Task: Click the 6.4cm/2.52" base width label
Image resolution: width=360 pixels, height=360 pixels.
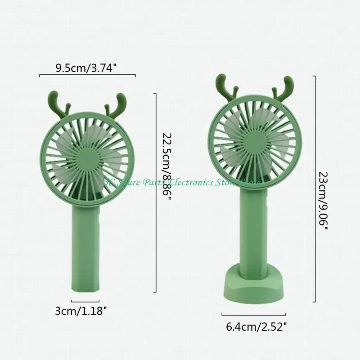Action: [255, 327]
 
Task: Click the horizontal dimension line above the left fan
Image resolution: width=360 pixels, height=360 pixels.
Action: [88, 76]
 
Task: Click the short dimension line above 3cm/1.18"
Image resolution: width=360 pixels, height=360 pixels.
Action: [85, 301]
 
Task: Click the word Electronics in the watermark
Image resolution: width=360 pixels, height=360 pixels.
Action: [196, 182]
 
